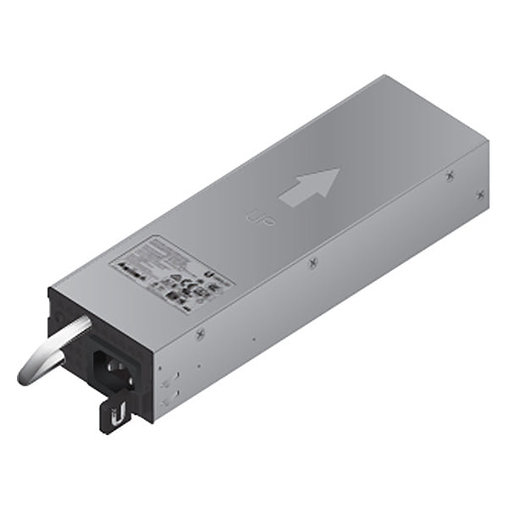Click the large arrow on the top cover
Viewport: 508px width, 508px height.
(x=310, y=187)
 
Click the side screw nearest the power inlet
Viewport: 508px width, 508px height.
(x=200, y=333)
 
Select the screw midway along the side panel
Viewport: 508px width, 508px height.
(x=313, y=264)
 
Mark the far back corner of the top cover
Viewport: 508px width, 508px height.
(x=385, y=76)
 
